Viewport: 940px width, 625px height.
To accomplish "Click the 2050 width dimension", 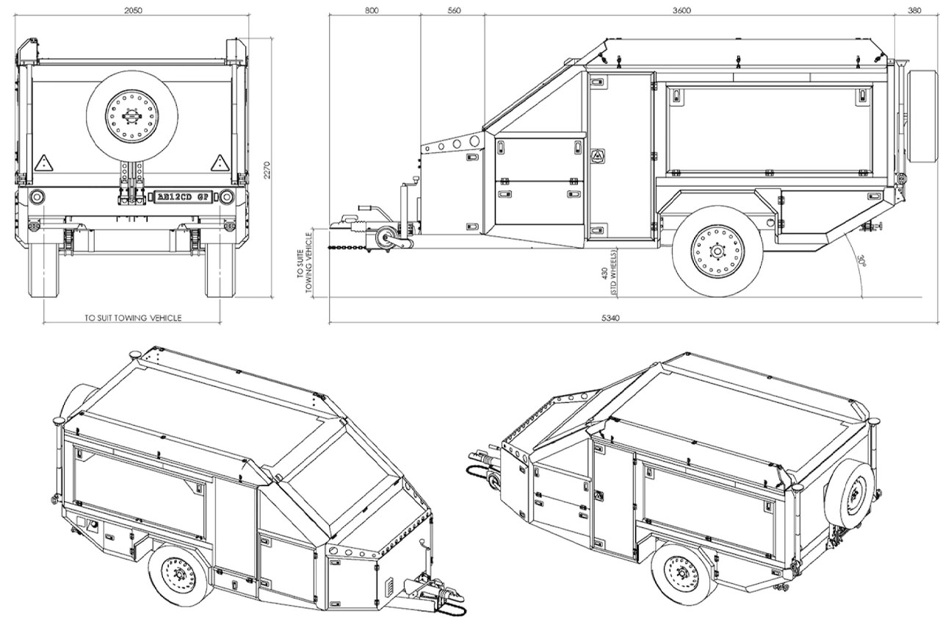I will point(133,10).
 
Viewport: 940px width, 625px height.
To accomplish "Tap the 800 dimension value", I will point(371,10).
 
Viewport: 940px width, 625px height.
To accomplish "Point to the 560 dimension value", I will point(453,10).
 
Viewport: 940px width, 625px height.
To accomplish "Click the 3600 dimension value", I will point(682,10).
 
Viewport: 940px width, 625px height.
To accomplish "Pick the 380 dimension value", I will point(914,10).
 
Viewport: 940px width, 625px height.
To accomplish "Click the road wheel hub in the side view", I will point(717,251).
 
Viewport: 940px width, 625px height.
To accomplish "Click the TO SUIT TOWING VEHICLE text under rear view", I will point(133,318).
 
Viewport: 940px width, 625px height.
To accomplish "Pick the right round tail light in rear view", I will point(227,196).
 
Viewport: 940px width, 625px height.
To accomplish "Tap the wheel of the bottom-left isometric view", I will point(177,574).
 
